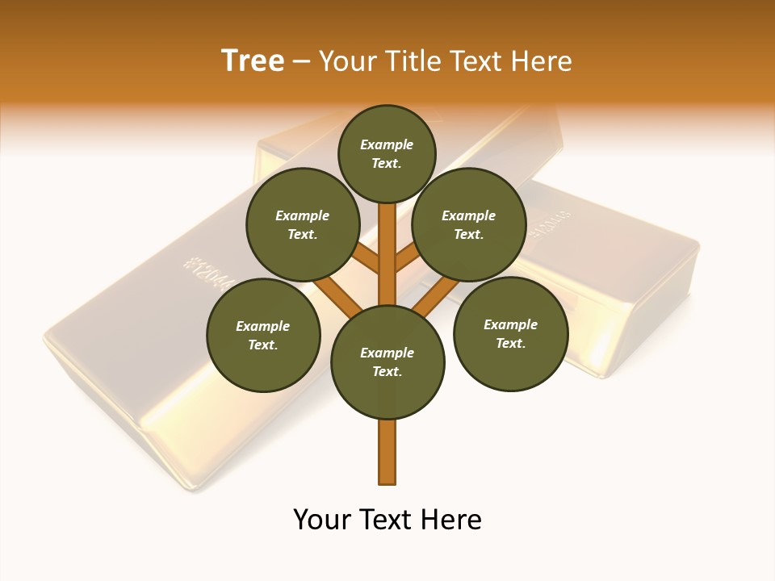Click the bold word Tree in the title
pos(253,61)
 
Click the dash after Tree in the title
pos(301,61)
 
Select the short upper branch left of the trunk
pos(368,259)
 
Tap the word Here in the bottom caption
pos(454,520)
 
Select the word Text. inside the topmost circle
pos(387,163)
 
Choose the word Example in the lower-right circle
pos(510,324)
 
